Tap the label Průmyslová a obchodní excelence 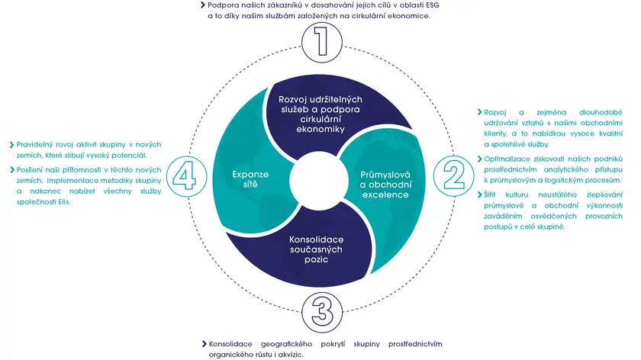coord(385,185)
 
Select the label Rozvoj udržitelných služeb coord(320,114)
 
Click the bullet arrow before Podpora coord(203,5)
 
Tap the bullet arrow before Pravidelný coord(11,143)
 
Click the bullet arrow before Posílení coord(11,169)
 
